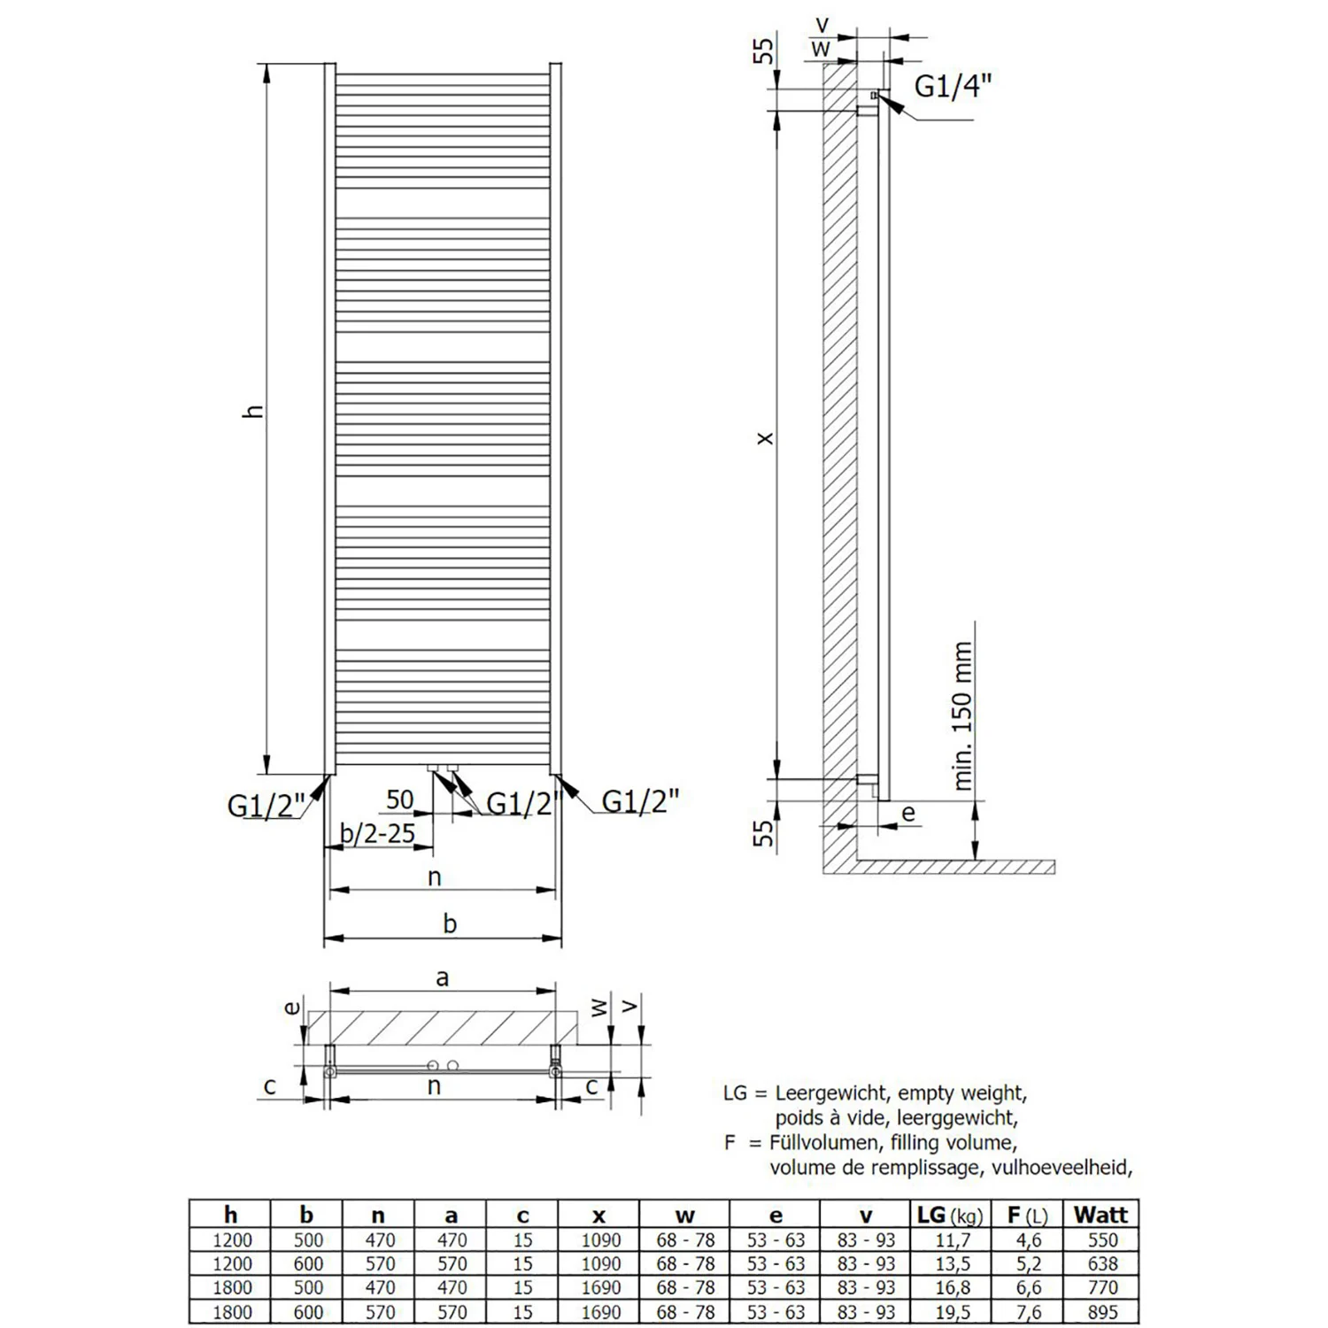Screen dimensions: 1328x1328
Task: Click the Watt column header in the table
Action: pyautogui.click(x=1100, y=1215)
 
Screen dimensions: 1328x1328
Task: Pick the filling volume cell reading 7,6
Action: pyautogui.click(x=1026, y=1311)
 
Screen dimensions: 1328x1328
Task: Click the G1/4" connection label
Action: pyautogui.click(x=953, y=86)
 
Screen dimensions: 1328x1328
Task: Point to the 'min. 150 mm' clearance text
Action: pyautogui.click(x=962, y=716)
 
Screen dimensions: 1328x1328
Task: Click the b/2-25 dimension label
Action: pyautogui.click(x=378, y=833)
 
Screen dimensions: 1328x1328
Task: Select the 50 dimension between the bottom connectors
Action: pyautogui.click(x=399, y=799)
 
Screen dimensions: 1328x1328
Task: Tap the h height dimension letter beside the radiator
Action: pyautogui.click(x=255, y=411)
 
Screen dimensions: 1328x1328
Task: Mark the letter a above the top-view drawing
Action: pyautogui.click(x=443, y=977)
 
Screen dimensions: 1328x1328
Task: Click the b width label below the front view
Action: pyautogui.click(x=450, y=924)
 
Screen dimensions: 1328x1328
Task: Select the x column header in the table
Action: pyautogui.click(x=599, y=1216)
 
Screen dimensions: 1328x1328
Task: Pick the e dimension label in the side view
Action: pyautogui.click(x=908, y=812)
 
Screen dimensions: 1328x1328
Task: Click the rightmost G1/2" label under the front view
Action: pyautogui.click(x=640, y=800)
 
